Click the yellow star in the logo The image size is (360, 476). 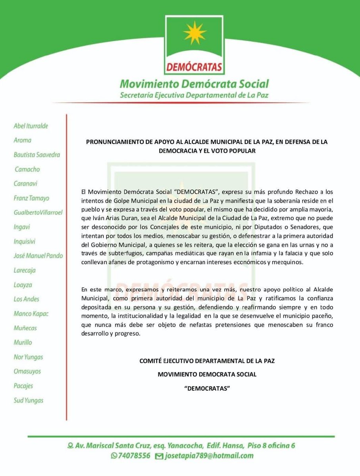coord(194,33)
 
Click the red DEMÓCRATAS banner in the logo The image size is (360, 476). coord(194,66)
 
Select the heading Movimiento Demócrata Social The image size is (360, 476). coord(194,84)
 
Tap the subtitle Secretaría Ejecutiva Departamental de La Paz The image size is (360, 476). coord(194,96)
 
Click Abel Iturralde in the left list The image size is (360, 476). coord(31,126)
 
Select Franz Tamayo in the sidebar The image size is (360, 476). coord(31,198)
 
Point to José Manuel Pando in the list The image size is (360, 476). coord(38,256)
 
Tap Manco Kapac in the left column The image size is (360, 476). coord(31,313)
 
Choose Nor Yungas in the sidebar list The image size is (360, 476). coord(28,357)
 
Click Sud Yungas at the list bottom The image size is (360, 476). coord(28,400)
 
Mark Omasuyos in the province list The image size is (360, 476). coord(27,371)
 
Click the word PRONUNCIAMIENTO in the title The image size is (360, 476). coord(114,142)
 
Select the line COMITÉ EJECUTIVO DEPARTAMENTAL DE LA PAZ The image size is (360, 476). coord(207,361)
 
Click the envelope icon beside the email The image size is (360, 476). coord(159,456)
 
